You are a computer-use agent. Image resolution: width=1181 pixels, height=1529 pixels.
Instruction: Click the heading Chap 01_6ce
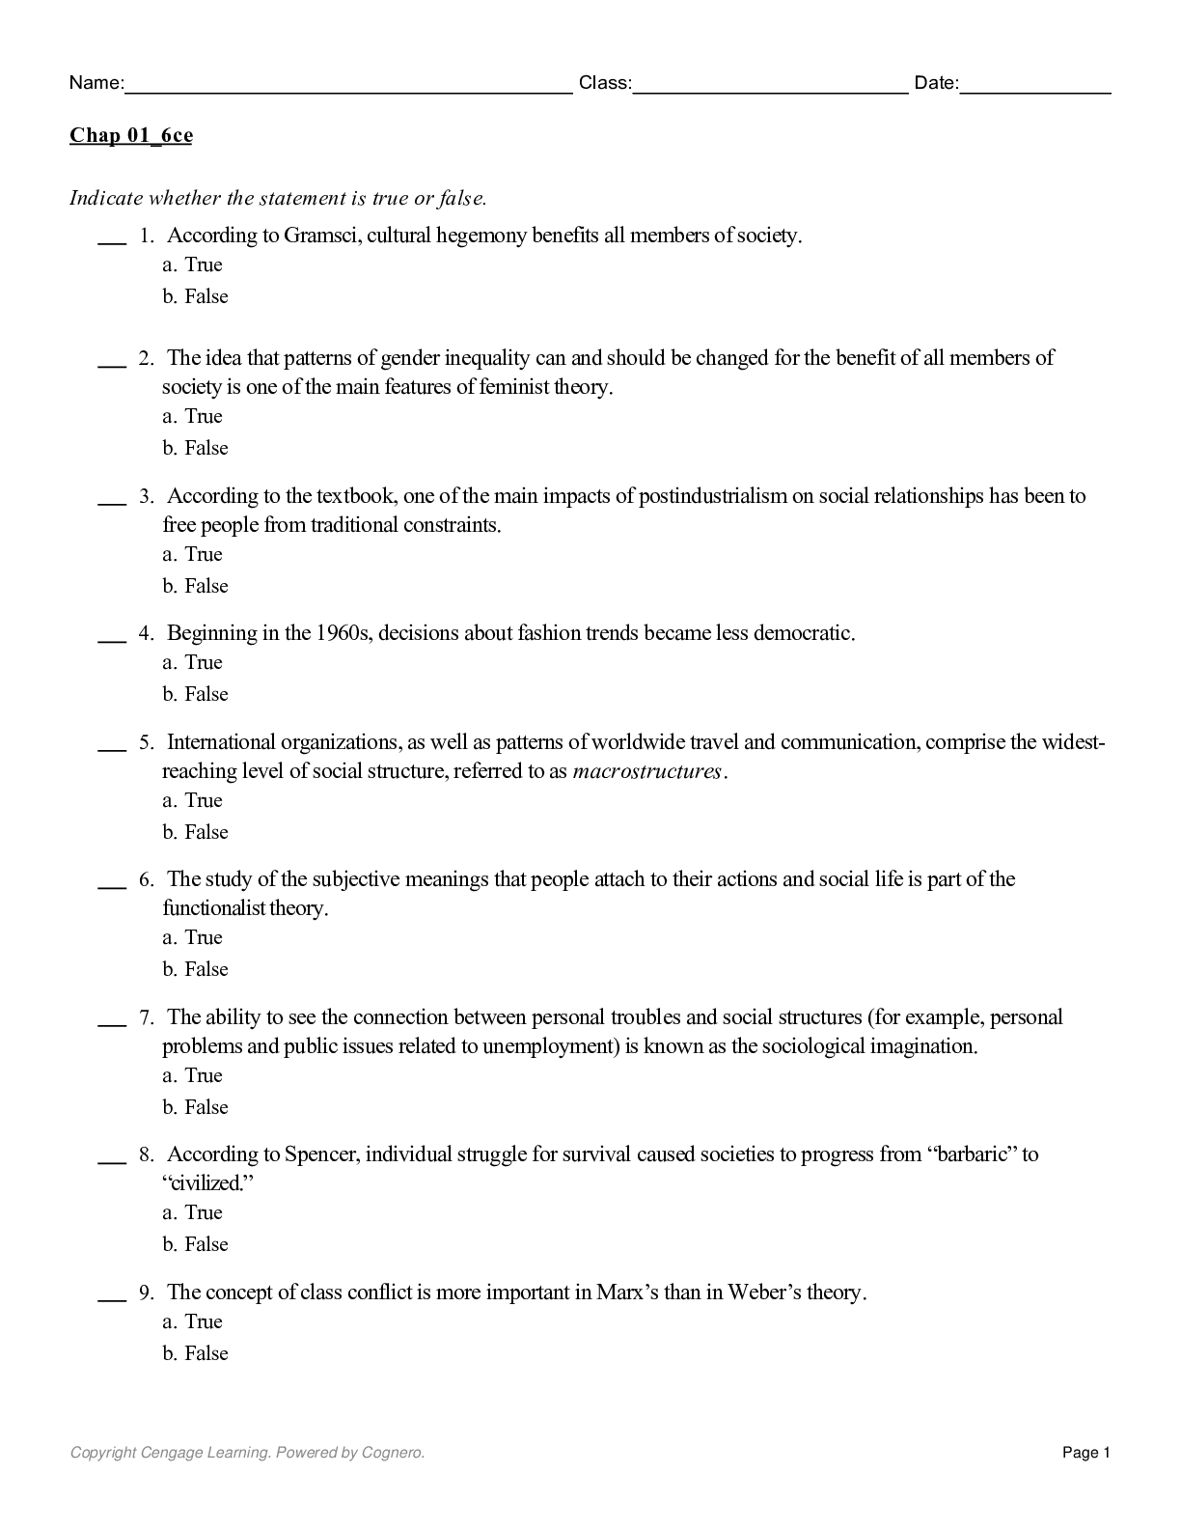pyautogui.click(x=130, y=135)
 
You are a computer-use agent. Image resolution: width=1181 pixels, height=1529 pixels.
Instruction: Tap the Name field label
pyautogui.click(x=96, y=83)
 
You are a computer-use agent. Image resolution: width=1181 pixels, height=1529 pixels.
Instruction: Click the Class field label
pyautogui.click(x=605, y=83)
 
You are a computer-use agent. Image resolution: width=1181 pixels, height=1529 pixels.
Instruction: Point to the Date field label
pyautogui.click(x=936, y=83)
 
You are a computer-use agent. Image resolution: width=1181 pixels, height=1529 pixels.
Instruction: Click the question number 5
pyautogui.click(x=146, y=742)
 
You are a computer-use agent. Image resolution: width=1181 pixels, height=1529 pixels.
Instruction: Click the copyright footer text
pyautogui.click(x=247, y=1453)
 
